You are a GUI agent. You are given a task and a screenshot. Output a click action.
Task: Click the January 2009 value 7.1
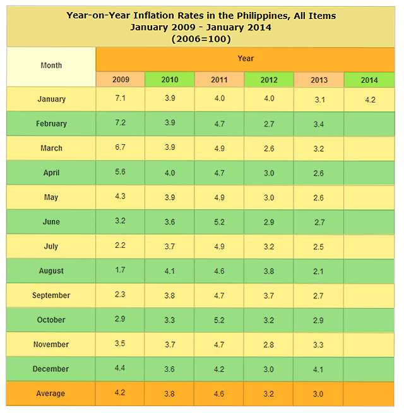coord(120,99)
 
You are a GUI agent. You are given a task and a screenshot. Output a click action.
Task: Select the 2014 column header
coord(369,80)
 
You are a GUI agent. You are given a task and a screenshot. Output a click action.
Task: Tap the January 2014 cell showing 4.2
coord(369,99)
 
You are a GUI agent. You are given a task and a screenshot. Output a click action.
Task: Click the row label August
coord(51,271)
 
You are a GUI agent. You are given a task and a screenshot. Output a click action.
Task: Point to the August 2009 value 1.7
coord(120,271)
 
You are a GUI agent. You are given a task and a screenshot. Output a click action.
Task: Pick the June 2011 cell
coord(219,222)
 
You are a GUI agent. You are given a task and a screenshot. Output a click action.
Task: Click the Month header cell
coord(51,65)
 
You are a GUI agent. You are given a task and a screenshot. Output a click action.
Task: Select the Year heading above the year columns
coord(246,58)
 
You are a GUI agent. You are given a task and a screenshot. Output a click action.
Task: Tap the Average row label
coord(51,393)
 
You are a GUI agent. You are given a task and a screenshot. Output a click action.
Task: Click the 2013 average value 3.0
coord(319,393)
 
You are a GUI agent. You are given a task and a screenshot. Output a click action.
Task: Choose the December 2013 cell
coord(319,369)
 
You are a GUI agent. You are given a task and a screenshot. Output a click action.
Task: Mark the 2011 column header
coord(219,80)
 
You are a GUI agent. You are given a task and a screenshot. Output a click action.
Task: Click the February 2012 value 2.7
coord(269,124)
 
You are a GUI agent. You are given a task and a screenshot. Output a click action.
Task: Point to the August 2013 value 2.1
coord(319,271)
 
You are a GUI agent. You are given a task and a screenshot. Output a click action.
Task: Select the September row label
coord(51,295)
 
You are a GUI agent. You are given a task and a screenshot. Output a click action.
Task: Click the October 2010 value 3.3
coord(170,320)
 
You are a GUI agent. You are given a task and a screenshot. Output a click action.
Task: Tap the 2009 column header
coord(121,80)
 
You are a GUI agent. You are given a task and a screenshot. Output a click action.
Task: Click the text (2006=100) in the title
coord(201,39)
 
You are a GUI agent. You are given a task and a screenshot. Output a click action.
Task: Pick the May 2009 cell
coord(120,197)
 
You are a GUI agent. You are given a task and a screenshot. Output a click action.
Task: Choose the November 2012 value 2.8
coord(269,345)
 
